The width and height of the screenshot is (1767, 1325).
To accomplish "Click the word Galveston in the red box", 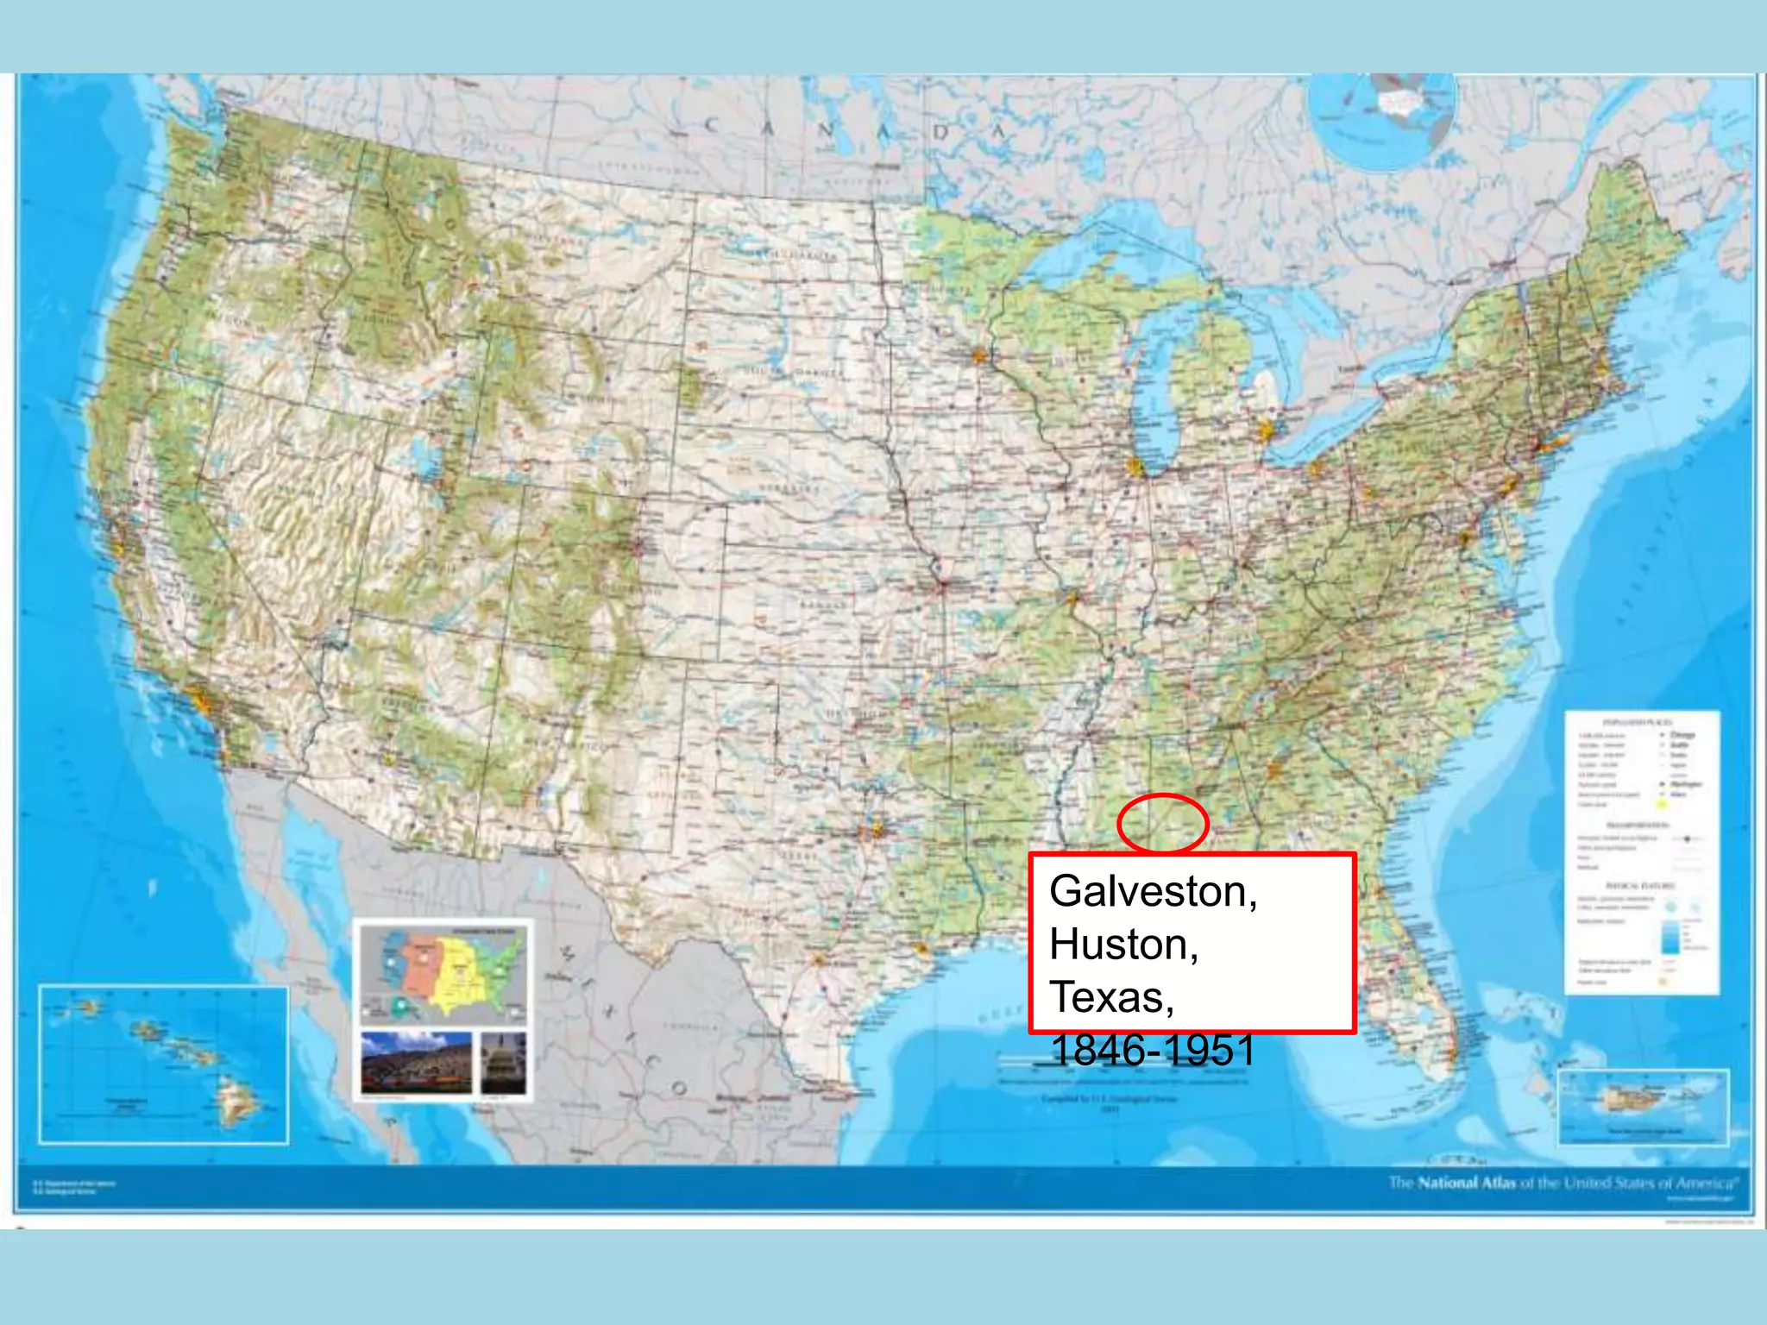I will click(x=1152, y=891).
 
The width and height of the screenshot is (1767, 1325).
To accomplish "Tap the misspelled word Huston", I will click(x=1122, y=945).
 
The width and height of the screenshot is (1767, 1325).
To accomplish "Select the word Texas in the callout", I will click(x=1110, y=998).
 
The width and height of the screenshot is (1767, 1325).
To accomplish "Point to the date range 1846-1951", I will click(x=1152, y=1051).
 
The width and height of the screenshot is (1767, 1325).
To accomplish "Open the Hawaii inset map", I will click(x=163, y=1064).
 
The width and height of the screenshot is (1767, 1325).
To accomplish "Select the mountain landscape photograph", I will click(x=416, y=1064).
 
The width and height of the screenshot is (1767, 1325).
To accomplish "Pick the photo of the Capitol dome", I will click(x=503, y=1064).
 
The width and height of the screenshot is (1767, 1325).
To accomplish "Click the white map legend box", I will click(x=1641, y=851).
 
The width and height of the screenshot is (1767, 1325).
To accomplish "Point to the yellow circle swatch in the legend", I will click(x=1661, y=805).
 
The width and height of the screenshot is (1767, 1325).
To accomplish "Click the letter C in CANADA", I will click(x=712, y=126).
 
